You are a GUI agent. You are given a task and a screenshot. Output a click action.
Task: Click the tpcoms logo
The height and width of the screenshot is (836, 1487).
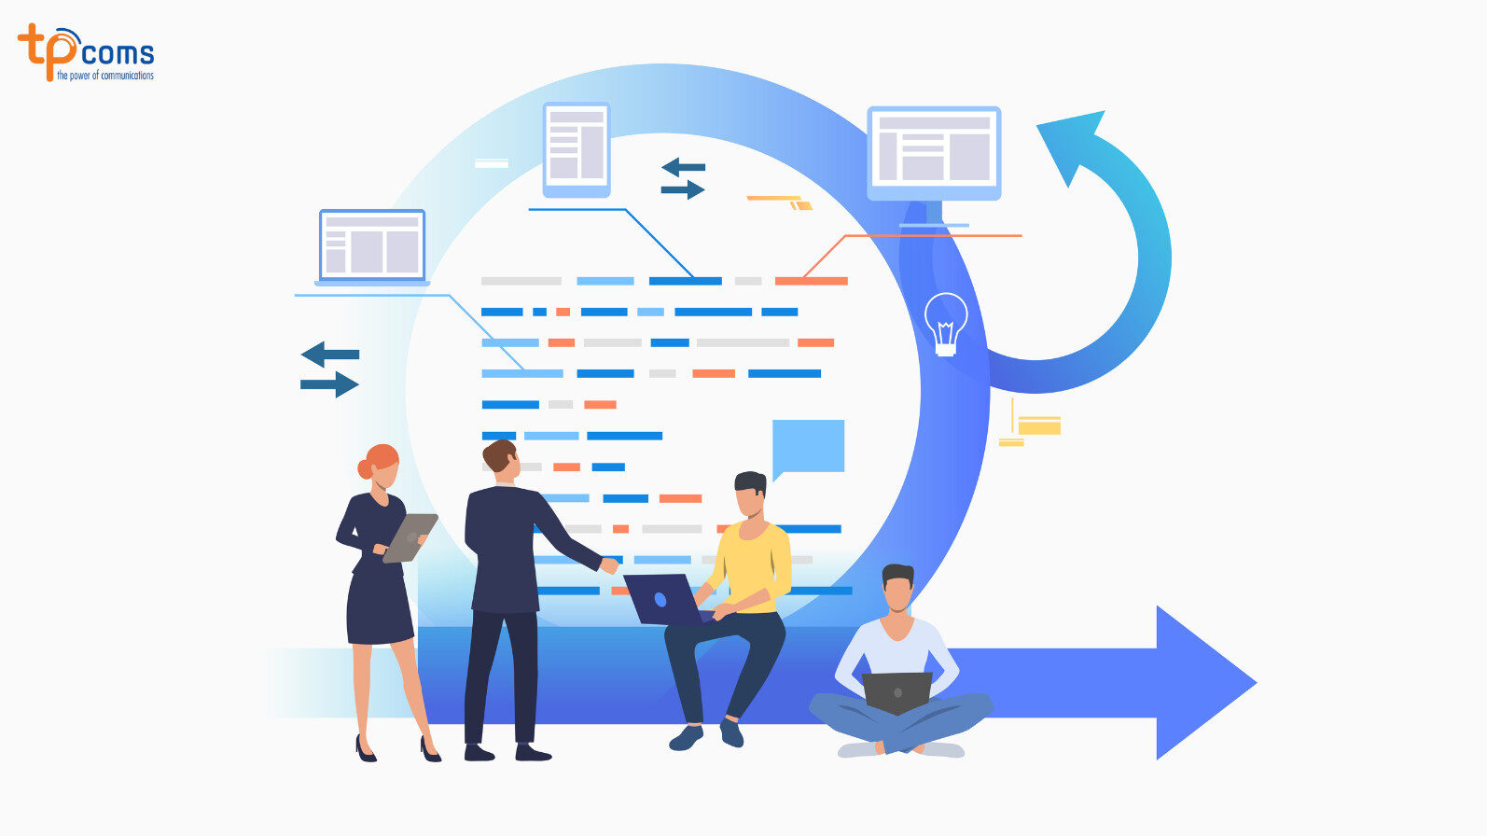(x=86, y=52)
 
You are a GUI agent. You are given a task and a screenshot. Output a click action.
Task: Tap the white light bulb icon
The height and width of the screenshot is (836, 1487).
(x=946, y=323)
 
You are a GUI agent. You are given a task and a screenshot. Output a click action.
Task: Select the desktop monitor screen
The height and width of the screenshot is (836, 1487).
(x=934, y=149)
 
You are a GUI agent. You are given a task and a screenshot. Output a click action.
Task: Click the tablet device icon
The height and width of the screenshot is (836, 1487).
(x=577, y=148)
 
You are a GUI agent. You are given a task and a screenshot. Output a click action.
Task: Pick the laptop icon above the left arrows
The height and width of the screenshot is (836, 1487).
(x=372, y=246)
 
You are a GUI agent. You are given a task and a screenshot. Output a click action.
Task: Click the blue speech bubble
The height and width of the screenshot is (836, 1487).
(x=809, y=446)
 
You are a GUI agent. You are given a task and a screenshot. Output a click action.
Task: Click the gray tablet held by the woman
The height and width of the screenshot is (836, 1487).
(x=410, y=537)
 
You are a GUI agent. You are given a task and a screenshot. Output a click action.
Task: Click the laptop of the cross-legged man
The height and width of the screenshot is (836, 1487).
(x=896, y=691)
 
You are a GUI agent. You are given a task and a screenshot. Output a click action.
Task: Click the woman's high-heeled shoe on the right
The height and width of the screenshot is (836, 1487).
(x=430, y=748)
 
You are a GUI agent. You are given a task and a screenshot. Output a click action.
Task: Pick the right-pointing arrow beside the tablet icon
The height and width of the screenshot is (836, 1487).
(x=683, y=190)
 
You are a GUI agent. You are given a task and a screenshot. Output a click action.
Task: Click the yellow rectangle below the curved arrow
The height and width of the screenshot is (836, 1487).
(x=1039, y=426)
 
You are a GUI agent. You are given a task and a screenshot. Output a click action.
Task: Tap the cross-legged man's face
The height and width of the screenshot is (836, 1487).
(x=897, y=592)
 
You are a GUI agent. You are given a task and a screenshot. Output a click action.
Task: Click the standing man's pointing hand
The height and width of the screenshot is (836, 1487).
(x=609, y=564)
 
